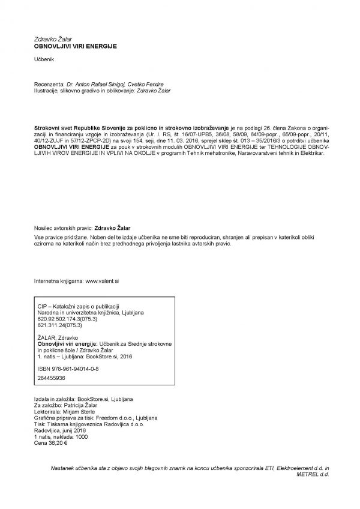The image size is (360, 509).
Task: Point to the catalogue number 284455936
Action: [51, 379]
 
